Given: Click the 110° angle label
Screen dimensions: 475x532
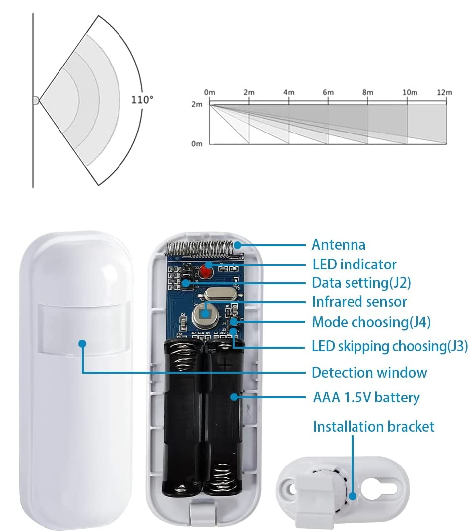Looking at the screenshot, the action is coord(142,99).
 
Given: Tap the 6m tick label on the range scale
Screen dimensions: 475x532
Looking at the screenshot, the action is coord(328,92).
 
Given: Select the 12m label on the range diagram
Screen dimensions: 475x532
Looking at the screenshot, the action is coord(444,92).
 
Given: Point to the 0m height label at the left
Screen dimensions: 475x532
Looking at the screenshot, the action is coord(197,144).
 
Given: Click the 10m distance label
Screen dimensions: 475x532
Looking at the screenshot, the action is coord(410,92).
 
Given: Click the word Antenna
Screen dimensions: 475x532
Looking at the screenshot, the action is coord(338,245).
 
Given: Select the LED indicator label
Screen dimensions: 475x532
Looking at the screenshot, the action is coord(355,265).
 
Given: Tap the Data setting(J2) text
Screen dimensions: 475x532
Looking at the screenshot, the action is coord(361,283).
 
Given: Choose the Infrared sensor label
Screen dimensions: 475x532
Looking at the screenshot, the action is coord(359,302).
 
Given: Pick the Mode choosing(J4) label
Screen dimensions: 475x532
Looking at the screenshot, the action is coord(371,322).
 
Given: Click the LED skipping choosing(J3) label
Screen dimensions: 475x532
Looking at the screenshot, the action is coord(390,346).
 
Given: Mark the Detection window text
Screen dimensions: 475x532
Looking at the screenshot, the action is coord(369,373).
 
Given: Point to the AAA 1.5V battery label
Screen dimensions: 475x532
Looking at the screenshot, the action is coord(366,398).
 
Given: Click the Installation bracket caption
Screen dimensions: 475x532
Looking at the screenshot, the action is coord(374,426).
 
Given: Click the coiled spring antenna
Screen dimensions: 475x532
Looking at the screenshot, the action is coord(199,249).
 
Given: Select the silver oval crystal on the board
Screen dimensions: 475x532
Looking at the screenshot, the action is coord(220,294).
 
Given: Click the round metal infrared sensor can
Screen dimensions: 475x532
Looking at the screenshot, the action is coord(205,314).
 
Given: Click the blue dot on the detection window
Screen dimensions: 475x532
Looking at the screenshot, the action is coord(82,344).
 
